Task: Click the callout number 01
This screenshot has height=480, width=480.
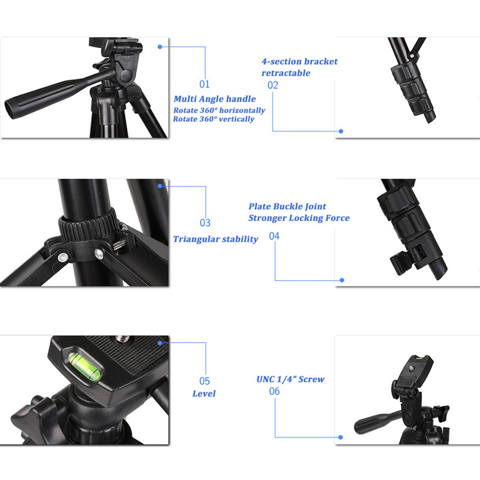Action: coord(205,84)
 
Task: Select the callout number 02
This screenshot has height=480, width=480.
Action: coord(273,85)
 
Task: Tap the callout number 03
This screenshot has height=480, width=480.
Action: coord(205,223)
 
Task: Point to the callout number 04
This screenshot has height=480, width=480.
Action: coord(274,236)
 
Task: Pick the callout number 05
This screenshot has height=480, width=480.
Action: coord(205,380)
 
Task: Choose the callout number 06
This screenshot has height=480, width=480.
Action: coord(274,391)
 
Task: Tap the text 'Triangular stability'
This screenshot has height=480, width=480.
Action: coord(215,239)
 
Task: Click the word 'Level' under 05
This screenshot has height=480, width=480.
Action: coord(203,394)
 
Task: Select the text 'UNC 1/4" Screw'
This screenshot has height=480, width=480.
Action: coord(290,379)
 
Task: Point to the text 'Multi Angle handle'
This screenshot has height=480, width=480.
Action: coord(215,99)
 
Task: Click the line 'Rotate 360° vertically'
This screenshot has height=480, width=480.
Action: coord(214,119)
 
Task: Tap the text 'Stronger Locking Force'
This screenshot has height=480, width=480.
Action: coord(299,218)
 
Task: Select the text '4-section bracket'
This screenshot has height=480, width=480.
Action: coord(299,61)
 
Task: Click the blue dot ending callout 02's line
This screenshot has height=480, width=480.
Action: coord(341,131)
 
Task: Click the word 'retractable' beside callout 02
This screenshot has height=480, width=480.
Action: coord(286,73)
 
